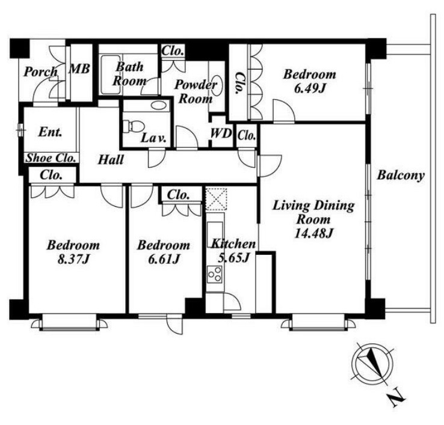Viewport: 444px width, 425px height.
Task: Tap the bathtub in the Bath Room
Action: point(111,75)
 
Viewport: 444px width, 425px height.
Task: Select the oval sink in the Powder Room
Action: point(217,85)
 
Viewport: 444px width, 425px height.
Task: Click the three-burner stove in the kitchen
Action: point(214,274)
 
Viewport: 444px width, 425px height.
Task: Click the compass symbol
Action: point(372,363)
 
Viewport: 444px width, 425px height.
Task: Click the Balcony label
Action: point(401,176)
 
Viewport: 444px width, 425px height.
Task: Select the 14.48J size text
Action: point(313,233)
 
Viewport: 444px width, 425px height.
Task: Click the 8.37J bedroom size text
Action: point(73,259)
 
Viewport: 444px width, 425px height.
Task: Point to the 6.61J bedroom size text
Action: point(164,259)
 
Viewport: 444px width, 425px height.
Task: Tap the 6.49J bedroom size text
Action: point(309,88)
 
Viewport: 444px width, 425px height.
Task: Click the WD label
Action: point(221,133)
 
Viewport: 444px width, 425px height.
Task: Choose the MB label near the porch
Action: point(79,69)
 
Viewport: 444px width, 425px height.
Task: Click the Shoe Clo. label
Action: point(51,158)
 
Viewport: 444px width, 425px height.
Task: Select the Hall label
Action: point(111,160)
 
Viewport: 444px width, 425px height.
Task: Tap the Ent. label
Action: point(50,132)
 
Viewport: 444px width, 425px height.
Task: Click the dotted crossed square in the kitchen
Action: point(217,199)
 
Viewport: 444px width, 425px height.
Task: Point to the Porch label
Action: point(40,72)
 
